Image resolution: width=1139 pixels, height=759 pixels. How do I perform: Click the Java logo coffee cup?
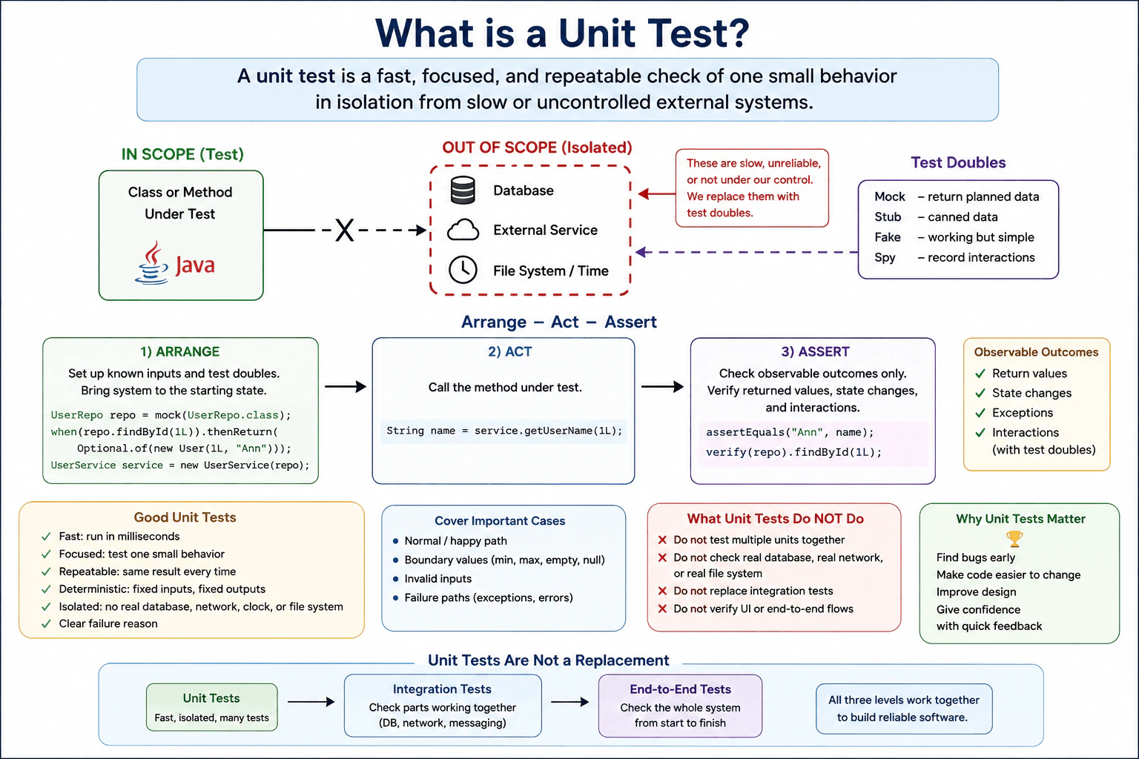[x=151, y=262]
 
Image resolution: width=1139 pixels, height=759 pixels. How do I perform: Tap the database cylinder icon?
[x=463, y=190]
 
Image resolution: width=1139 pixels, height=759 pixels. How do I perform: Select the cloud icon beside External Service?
[x=463, y=230]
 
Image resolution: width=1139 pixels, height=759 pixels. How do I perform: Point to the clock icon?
[x=463, y=270]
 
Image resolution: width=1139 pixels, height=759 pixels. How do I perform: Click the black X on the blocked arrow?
[x=344, y=231]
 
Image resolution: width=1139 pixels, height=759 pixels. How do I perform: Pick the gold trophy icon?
[x=1014, y=539]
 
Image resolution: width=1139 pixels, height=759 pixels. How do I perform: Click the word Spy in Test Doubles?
[x=885, y=257]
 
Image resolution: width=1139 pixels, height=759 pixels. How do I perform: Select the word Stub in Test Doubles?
[x=888, y=216]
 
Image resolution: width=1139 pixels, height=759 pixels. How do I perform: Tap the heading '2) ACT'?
[x=509, y=351]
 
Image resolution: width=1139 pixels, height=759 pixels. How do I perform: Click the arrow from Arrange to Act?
[x=346, y=386]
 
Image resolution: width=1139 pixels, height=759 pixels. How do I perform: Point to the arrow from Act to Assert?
[x=662, y=386]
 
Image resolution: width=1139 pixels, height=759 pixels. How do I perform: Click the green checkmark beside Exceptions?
[x=980, y=413]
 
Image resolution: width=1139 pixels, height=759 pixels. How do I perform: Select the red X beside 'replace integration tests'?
[x=662, y=591]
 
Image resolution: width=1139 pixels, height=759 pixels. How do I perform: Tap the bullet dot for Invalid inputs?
[x=395, y=579]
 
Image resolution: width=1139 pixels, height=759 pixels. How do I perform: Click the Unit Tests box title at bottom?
[x=211, y=698]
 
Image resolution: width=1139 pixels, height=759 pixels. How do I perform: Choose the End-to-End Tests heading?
[x=680, y=689]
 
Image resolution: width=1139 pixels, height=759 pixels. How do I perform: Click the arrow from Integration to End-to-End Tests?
[x=570, y=702]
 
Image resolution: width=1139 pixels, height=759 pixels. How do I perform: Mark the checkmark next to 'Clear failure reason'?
[x=46, y=624]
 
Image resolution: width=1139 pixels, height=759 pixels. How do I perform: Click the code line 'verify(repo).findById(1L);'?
[x=793, y=452]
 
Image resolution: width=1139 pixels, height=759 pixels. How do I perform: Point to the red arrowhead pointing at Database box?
[x=644, y=193]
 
